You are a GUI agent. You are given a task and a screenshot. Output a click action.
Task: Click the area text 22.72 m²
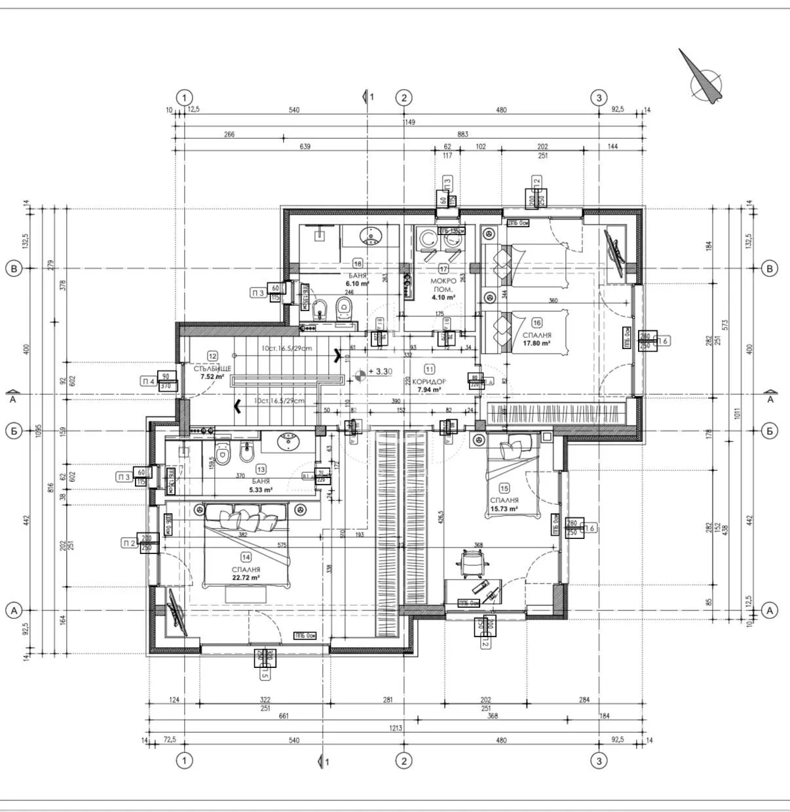click(x=246, y=578)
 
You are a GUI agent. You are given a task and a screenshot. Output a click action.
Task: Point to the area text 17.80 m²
click(x=536, y=342)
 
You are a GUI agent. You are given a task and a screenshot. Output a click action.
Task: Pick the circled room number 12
click(x=212, y=356)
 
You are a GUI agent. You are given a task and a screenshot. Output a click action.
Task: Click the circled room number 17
click(x=443, y=268)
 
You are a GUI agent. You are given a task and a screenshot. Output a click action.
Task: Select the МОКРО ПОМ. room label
click(x=443, y=285)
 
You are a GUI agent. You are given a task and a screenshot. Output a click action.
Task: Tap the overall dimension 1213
click(x=396, y=728)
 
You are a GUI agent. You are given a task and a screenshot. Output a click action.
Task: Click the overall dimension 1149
click(x=409, y=122)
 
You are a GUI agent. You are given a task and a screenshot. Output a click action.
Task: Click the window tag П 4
click(x=149, y=381)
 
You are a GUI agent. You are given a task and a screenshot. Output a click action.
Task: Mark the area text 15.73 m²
click(x=504, y=509)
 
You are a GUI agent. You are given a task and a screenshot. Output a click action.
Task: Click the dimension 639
click(x=305, y=147)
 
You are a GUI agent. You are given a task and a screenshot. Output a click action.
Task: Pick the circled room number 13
click(x=261, y=470)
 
